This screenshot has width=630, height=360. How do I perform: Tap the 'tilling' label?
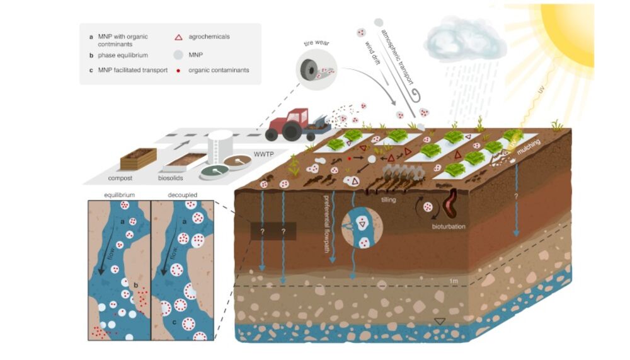[x=389, y=199]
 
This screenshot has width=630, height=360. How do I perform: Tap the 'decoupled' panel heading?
[x=182, y=195]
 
